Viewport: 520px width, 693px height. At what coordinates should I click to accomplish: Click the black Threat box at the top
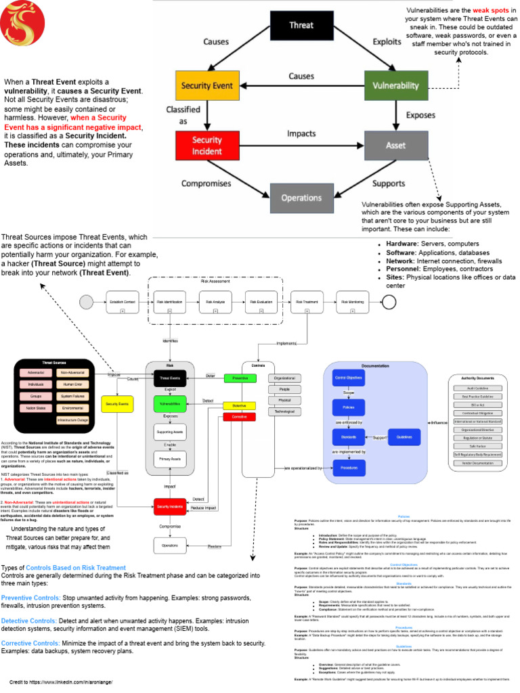coord(301,26)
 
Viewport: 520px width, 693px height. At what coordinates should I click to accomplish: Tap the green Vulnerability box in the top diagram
coord(396,86)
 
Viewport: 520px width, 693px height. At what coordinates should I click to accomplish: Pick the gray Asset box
coord(396,145)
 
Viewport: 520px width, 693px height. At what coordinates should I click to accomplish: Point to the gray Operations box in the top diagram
coord(301,198)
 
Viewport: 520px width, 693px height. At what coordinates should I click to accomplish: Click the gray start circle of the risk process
coord(86,302)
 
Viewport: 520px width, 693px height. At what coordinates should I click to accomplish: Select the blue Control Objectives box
coord(349,377)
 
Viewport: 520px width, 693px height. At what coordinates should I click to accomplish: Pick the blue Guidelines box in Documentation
coord(404,437)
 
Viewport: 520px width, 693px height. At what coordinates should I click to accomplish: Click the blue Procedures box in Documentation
coord(349,467)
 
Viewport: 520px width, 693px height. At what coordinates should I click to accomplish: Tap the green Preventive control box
coord(240,378)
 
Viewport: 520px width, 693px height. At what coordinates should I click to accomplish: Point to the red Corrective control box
coord(240,417)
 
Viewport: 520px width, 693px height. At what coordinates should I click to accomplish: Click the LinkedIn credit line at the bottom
coord(60,682)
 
